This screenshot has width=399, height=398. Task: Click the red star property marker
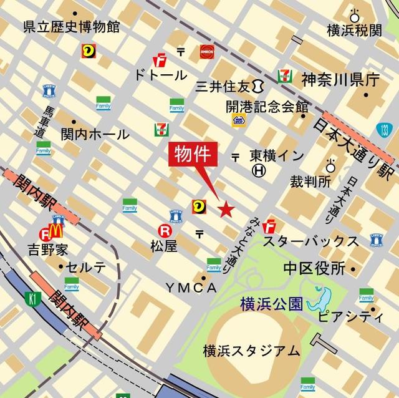click(x=226, y=209)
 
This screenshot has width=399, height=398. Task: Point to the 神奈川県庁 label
click(x=340, y=79)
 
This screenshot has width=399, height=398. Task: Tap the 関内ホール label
click(x=95, y=134)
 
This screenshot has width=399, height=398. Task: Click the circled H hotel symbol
click(x=259, y=169)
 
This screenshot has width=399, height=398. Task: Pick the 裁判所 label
click(x=310, y=182)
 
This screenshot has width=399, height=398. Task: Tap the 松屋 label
click(x=164, y=246)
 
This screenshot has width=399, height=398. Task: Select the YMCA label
click(x=191, y=288)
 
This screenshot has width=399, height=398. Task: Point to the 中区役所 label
click(x=314, y=268)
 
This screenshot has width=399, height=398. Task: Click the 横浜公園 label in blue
click(x=272, y=304)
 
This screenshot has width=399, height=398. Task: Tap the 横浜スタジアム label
click(x=251, y=351)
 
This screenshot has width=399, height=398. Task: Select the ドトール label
click(x=160, y=75)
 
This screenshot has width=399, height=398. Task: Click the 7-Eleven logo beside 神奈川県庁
click(x=286, y=77)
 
